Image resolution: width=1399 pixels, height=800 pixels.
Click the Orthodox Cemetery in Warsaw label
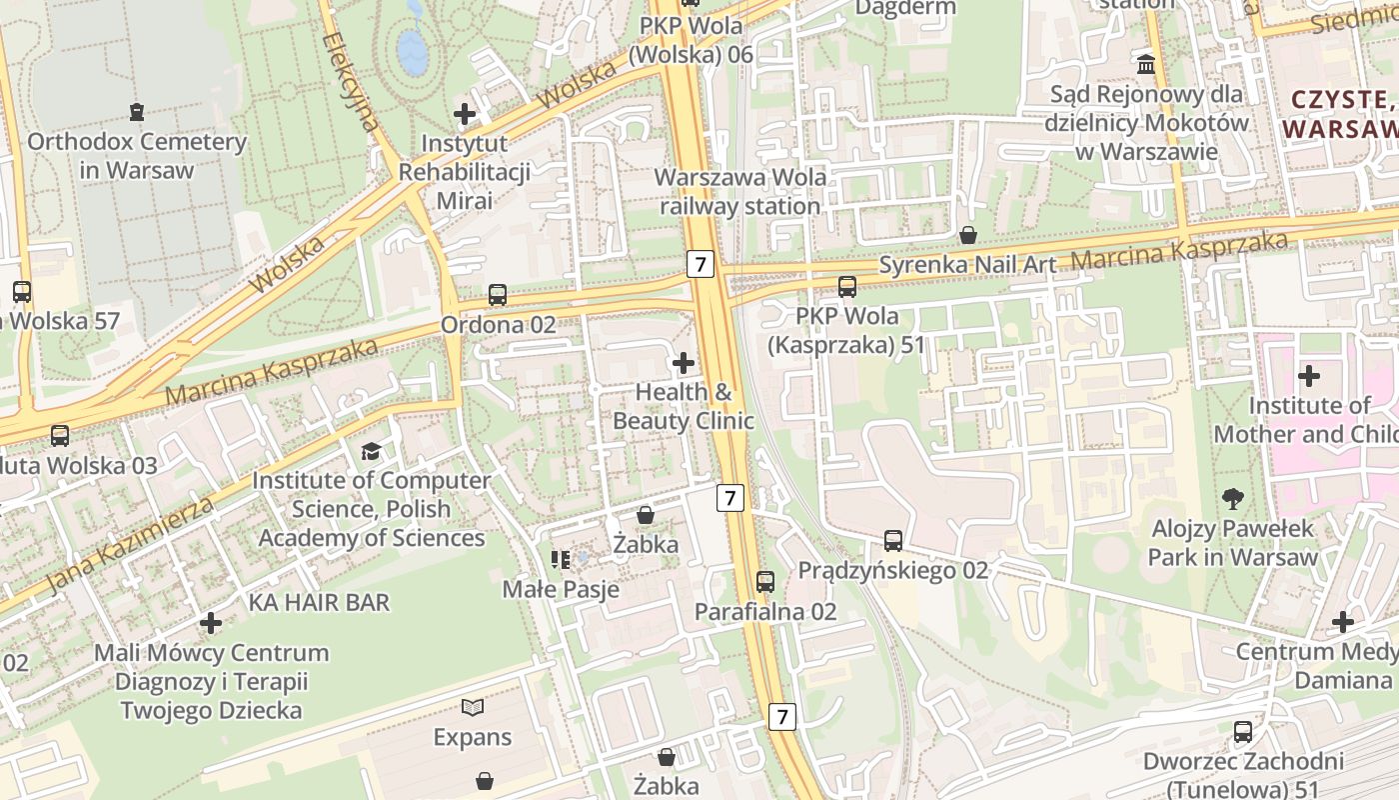136,155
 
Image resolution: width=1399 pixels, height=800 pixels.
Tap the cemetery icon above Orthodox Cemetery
137,111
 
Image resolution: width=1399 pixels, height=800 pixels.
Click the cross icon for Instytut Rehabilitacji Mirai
465,113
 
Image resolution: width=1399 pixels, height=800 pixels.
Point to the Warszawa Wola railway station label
739,191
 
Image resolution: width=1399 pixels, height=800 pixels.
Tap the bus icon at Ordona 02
498,295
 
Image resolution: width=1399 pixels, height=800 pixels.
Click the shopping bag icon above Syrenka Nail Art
967,235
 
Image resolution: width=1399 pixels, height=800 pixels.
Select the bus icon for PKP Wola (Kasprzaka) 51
847,287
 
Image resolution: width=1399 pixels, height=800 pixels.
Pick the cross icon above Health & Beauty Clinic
684,362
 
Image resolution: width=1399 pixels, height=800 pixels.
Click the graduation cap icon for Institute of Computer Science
372,451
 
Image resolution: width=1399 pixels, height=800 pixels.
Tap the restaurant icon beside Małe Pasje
560,559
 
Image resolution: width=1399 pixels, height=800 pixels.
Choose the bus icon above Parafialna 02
765,581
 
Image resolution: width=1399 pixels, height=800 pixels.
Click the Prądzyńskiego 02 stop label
892,570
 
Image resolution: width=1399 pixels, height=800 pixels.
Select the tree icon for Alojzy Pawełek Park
1233,497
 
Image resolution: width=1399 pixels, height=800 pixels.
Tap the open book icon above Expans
473,708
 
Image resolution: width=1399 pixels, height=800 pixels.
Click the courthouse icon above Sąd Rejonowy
1146,64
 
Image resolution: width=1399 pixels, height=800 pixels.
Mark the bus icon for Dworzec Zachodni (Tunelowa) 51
1243,732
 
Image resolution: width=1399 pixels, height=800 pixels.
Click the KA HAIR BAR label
319,602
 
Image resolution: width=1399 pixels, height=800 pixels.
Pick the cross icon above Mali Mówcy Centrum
211,623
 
